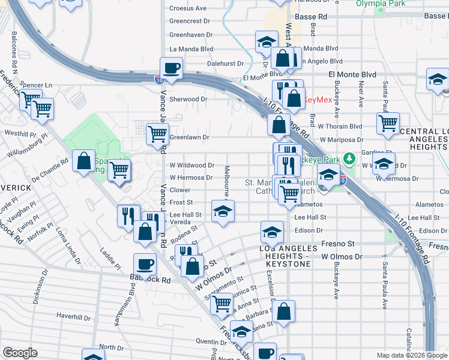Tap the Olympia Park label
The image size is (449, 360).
[394, 3]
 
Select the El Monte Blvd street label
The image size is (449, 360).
[352, 74]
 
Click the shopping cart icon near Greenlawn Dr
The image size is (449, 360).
[157, 134]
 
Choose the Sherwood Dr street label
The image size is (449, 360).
[188, 99]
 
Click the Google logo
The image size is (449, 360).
[20, 352]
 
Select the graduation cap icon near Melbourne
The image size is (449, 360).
[223, 211]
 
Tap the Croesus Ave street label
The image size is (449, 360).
[187, 8]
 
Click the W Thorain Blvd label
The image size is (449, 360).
[340, 126]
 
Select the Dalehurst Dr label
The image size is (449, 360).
[225, 63]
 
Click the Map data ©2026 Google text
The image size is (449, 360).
[411, 355]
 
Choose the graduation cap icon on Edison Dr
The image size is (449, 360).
[272, 232]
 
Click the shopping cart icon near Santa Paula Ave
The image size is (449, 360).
[388, 123]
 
